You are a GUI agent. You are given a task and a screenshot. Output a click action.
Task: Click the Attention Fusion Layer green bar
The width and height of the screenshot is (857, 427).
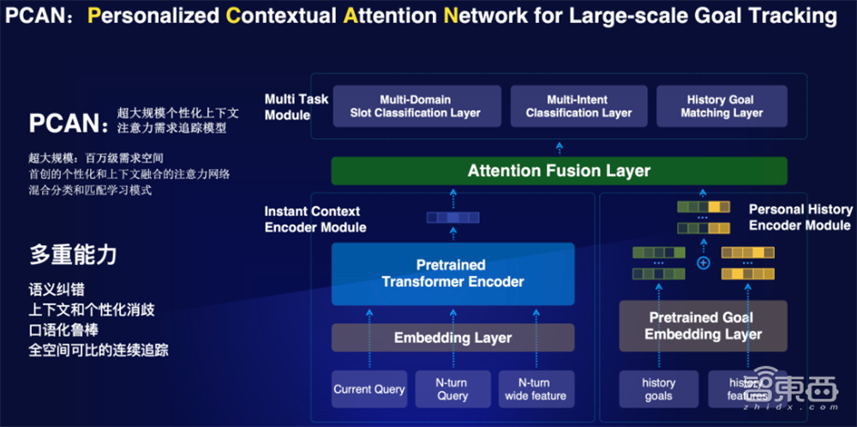coord(559,171)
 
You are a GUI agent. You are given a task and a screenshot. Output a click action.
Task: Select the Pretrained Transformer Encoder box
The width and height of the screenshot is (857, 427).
coord(452,274)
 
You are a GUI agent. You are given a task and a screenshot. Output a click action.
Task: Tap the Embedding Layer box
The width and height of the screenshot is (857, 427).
coord(452,338)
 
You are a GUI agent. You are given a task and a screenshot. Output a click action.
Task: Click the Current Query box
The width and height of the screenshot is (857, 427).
coord(369,389)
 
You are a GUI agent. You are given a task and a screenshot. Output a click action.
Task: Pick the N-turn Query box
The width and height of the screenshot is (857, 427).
coord(452,389)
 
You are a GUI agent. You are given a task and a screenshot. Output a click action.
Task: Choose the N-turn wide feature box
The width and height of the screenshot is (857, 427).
coord(536,389)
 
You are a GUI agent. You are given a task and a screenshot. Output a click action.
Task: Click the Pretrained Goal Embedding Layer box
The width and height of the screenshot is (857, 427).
coord(703,326)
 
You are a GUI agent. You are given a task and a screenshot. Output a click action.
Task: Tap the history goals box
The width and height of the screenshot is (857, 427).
coord(658,389)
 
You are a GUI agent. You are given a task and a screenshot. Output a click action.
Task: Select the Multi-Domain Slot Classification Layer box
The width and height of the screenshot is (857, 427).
coord(416,106)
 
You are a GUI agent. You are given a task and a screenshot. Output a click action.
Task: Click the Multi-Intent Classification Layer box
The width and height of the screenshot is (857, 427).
coord(578,106)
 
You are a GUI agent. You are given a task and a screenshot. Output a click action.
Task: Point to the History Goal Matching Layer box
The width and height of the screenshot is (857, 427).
coord(722,106)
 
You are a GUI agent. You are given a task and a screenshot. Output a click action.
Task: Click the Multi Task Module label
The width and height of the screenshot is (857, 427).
coord(297,107)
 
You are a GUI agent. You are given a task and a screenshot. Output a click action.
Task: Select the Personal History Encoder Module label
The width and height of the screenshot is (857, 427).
coord(800,217)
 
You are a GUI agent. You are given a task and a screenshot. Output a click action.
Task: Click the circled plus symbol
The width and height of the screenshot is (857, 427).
coord(704,262)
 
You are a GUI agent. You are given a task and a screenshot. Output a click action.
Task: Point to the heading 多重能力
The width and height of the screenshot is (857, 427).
coord(74,254)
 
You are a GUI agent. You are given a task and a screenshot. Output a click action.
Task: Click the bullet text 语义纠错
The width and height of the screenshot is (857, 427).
coord(57,291)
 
